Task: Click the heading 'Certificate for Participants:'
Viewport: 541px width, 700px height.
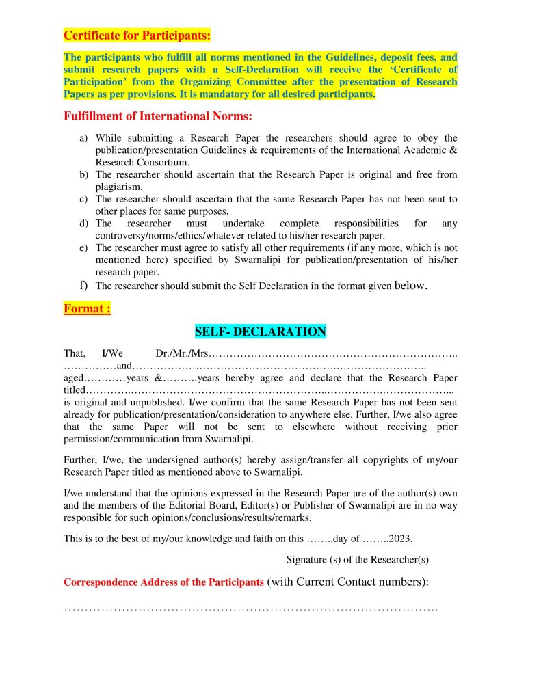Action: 137,35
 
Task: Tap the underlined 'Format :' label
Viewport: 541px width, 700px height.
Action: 87,308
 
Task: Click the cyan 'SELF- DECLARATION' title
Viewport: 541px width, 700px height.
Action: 261,332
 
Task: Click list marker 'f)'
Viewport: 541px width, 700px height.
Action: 83,285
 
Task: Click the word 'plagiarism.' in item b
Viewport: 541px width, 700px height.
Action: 119,187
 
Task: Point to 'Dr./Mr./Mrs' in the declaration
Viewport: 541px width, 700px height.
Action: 181,353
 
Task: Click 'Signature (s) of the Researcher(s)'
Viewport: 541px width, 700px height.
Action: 358,559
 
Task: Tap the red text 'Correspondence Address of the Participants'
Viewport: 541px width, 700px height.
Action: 163,582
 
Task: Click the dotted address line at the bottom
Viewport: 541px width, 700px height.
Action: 250,608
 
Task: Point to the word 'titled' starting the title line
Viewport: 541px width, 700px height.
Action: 75,390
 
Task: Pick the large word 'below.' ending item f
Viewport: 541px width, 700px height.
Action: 411,286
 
